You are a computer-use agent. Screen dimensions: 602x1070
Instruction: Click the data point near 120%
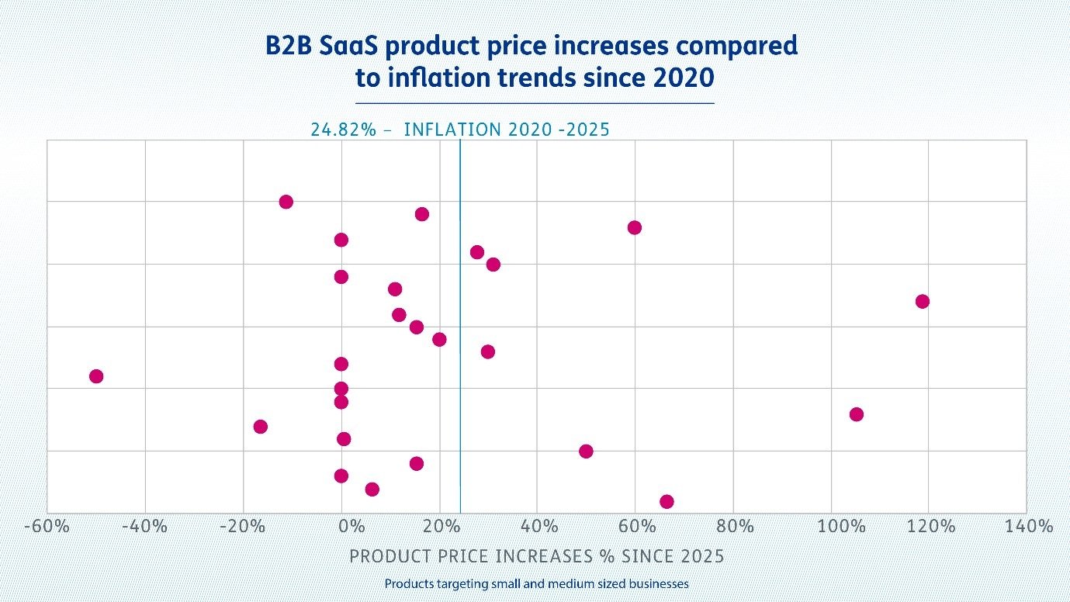coord(922,301)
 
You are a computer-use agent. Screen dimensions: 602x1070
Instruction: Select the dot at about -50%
coord(96,376)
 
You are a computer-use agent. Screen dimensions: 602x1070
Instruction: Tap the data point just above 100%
coord(856,414)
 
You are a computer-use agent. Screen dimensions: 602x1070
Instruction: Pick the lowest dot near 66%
coord(667,501)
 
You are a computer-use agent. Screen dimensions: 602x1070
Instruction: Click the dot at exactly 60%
coord(635,227)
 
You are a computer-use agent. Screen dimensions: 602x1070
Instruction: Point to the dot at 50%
coord(586,451)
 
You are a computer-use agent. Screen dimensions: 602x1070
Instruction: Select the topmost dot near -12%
coord(286,202)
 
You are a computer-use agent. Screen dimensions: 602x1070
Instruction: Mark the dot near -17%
coord(261,427)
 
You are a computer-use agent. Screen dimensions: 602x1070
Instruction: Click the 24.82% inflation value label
coord(343,130)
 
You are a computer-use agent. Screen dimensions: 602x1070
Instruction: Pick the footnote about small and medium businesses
coord(536,583)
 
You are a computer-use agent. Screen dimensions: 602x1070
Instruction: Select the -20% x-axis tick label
coord(242,527)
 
